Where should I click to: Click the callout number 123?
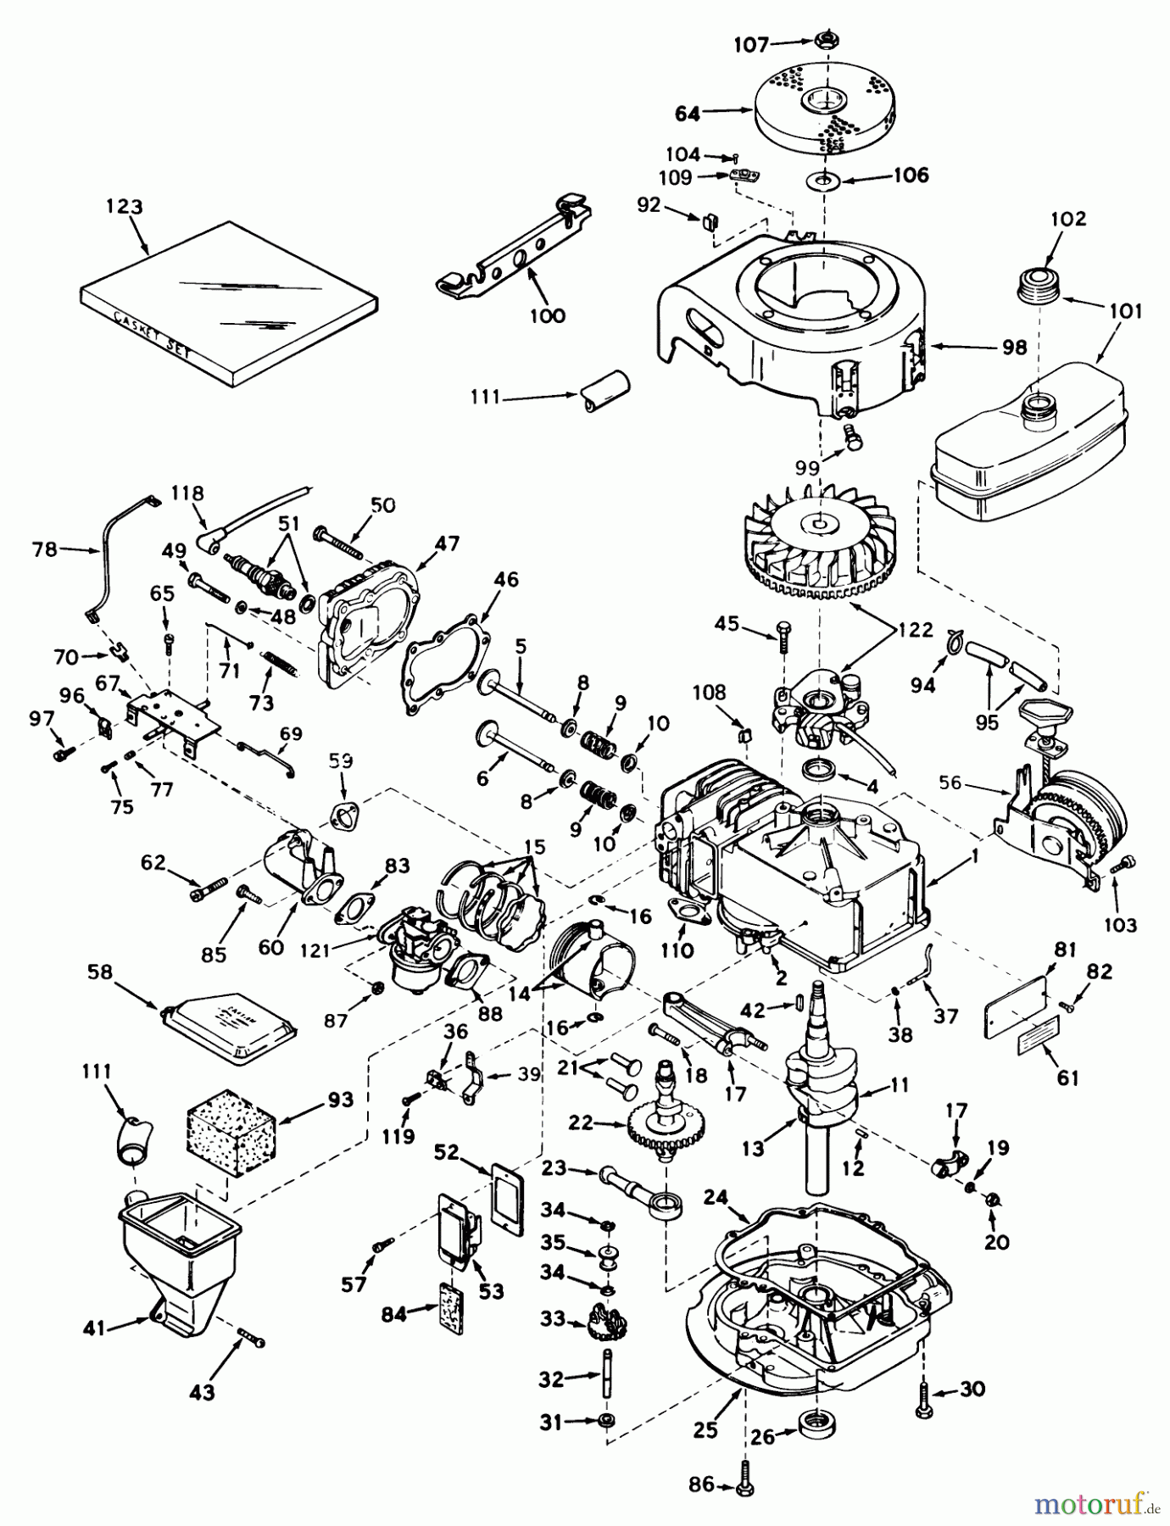tap(125, 207)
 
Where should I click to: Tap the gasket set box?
tap(229, 301)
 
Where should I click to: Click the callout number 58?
tap(100, 972)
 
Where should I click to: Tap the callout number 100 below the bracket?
tap(547, 315)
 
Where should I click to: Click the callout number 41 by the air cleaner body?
tap(93, 1328)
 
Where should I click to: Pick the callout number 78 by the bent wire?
tap(44, 549)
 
